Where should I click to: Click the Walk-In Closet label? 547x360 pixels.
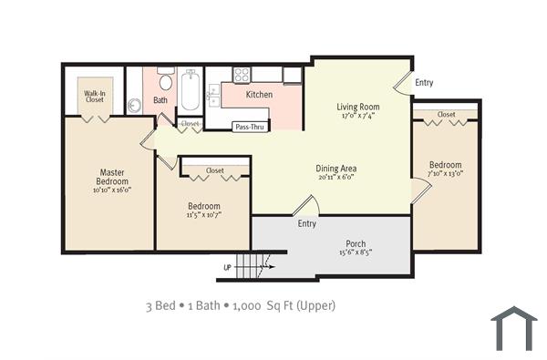click(x=94, y=96)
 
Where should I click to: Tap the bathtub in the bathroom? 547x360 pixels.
click(x=191, y=91)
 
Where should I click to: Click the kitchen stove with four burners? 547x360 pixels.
click(x=242, y=76)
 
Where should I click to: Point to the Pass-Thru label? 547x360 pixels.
click(x=249, y=128)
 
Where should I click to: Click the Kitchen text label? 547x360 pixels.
click(x=260, y=94)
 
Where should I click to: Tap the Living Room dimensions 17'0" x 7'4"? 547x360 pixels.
click(x=358, y=117)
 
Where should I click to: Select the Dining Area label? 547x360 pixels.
click(x=336, y=168)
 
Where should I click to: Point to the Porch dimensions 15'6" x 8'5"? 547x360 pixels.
click(x=356, y=253)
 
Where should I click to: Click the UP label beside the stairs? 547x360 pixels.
click(x=227, y=268)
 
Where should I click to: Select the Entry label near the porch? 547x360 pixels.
click(x=306, y=223)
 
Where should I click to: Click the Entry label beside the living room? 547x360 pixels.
click(x=424, y=83)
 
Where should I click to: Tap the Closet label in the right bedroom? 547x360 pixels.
click(x=446, y=115)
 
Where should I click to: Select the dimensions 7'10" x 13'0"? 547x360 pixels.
click(x=446, y=172)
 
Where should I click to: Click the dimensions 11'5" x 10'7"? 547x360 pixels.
click(x=204, y=216)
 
